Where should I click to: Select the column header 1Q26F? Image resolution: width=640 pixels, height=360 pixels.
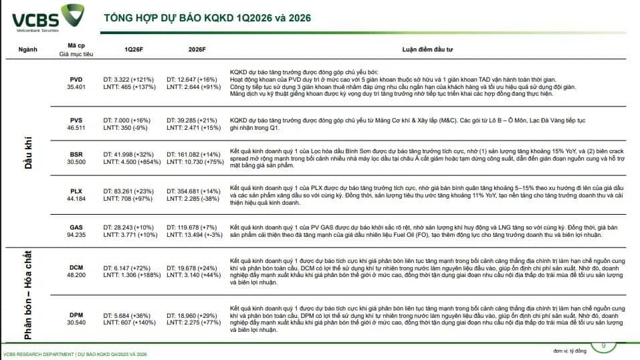click(x=133, y=50)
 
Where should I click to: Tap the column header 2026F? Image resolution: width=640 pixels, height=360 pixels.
click(x=197, y=50)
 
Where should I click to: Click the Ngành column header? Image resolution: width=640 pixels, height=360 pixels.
click(x=28, y=50)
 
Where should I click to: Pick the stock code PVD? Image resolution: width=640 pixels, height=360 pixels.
click(x=76, y=79)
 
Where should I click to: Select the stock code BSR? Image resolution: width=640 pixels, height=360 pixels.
click(x=76, y=154)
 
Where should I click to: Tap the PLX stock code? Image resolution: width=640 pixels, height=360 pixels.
click(x=76, y=191)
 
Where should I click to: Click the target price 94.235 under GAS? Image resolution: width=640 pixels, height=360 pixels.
click(x=76, y=235)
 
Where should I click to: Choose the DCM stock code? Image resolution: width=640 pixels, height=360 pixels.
click(x=76, y=268)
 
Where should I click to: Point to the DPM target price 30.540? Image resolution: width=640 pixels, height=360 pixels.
click(x=76, y=322)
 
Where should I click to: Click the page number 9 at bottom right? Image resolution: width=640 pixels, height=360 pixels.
click(x=604, y=345)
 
